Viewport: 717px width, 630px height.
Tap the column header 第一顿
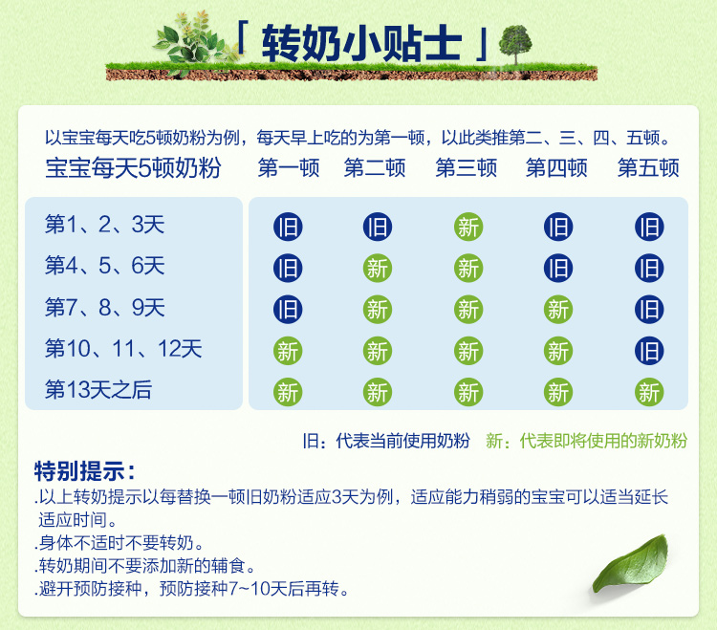pyautogui.click(x=288, y=168)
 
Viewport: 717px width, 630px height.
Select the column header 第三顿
pyautogui.click(x=467, y=168)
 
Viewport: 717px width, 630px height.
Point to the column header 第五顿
pyautogui.click(x=648, y=168)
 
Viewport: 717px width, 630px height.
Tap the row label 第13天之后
pyautogui.click(x=98, y=390)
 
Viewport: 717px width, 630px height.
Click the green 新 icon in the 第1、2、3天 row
pyautogui.click(x=468, y=228)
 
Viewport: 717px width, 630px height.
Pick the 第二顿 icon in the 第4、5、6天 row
pyautogui.click(x=378, y=269)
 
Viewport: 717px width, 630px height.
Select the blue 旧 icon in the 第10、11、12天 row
pyautogui.click(x=649, y=351)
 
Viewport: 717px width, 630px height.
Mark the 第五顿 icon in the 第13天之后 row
pyautogui.click(x=649, y=392)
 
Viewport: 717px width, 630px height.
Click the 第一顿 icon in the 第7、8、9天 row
pyautogui.click(x=288, y=310)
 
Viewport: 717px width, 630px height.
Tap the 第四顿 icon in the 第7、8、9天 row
pyautogui.click(x=558, y=310)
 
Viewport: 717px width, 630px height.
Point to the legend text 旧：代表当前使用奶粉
pyautogui.click(x=386, y=441)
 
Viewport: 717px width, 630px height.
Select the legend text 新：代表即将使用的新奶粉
pyautogui.click(x=587, y=441)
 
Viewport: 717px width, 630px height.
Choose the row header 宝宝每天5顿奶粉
pyautogui.click(x=133, y=169)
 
